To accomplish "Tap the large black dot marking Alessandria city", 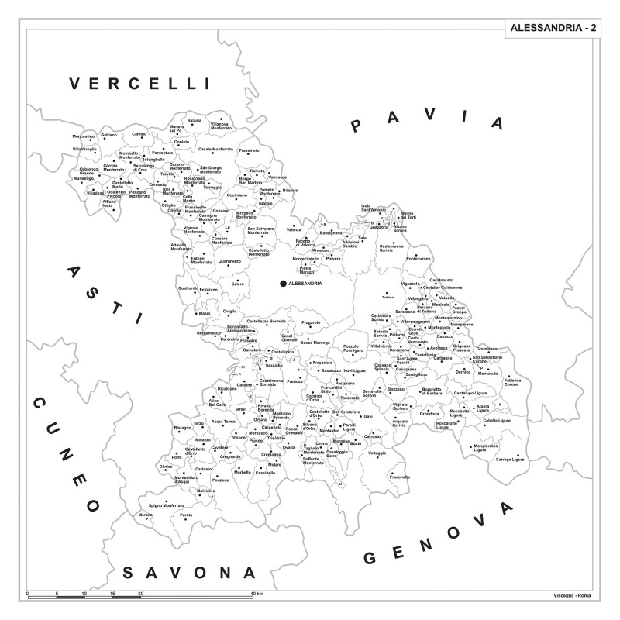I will pyautogui.click(x=283, y=284).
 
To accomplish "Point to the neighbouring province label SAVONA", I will pyautogui.click(x=189, y=573).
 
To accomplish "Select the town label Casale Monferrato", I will pyautogui.click(x=216, y=149).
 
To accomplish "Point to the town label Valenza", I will pyautogui.click(x=294, y=229).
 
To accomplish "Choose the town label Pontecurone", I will pyautogui.click(x=418, y=259).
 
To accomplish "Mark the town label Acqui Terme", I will pyautogui.click(x=223, y=421).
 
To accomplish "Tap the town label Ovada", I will pyautogui.click(x=288, y=447).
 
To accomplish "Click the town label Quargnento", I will pyautogui.click(x=229, y=261).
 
